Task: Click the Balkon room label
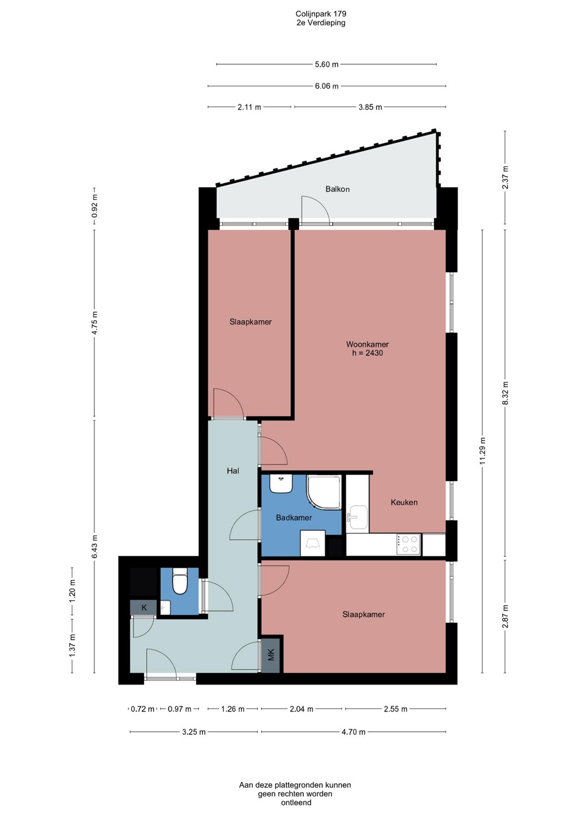(x=337, y=189)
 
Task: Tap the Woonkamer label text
(x=367, y=345)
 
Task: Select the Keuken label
(x=404, y=502)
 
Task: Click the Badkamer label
(x=294, y=518)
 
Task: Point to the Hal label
(x=233, y=471)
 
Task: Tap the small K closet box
(x=143, y=607)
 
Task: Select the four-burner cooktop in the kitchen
(x=408, y=545)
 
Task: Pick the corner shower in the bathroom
(x=324, y=492)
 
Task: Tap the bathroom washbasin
(x=281, y=484)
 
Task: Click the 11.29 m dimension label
(x=483, y=450)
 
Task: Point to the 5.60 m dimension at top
(x=326, y=65)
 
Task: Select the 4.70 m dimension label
(x=353, y=732)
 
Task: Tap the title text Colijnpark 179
(x=321, y=14)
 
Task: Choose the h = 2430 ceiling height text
(x=367, y=353)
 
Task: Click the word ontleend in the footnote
(x=296, y=802)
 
